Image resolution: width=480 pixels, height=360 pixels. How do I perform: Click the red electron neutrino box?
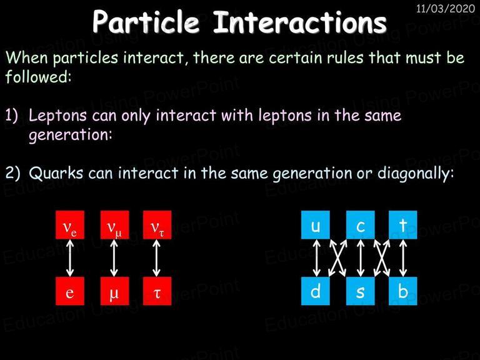tap(70, 225)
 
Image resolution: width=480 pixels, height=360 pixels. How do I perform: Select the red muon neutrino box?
tap(114, 225)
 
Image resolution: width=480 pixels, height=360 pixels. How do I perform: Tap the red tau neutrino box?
tap(157, 225)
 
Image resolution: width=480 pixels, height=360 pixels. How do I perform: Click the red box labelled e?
tap(70, 291)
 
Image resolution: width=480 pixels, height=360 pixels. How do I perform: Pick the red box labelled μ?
tap(114, 291)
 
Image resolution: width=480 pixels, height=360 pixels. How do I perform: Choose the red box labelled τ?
tap(157, 291)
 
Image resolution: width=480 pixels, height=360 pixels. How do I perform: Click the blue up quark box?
tap(315, 225)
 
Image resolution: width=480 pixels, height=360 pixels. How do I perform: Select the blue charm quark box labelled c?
tap(360, 225)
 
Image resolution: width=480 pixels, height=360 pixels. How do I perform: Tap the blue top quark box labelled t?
tap(403, 225)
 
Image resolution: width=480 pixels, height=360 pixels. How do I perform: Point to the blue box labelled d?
tap(315, 291)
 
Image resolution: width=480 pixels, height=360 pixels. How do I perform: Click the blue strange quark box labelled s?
tap(360, 291)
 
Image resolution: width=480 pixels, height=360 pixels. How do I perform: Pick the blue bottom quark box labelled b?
tap(403, 291)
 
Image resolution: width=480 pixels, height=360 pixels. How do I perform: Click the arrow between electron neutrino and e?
tap(70, 258)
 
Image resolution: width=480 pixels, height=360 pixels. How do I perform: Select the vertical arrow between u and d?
tap(316, 258)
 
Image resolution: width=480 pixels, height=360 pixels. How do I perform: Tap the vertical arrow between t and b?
tap(403, 258)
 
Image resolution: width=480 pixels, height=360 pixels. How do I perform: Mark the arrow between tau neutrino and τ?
tap(156, 258)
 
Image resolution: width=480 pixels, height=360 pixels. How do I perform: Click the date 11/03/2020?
tap(446, 8)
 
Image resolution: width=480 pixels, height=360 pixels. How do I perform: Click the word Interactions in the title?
tap(300, 22)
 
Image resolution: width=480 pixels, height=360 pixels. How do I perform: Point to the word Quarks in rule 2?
tap(56, 173)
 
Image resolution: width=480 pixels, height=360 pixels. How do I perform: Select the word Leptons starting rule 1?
tap(57, 116)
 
